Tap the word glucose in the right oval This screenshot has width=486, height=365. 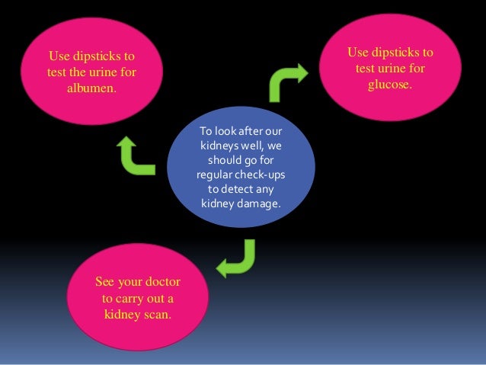[390, 85]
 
